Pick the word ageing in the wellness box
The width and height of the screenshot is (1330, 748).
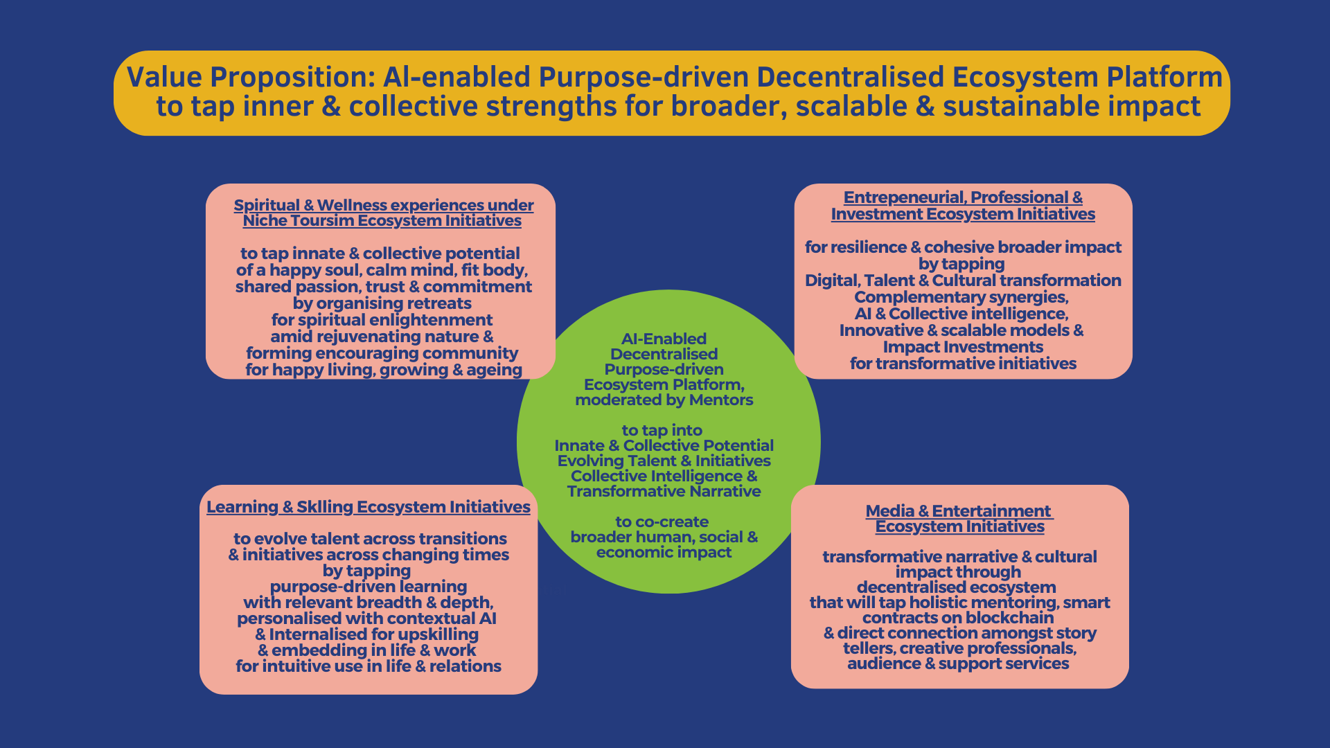495,370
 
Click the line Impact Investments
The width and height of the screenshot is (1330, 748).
963,347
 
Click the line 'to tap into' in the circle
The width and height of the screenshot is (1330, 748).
662,431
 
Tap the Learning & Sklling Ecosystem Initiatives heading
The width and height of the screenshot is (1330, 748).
369,507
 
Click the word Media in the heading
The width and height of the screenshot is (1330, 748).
889,511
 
